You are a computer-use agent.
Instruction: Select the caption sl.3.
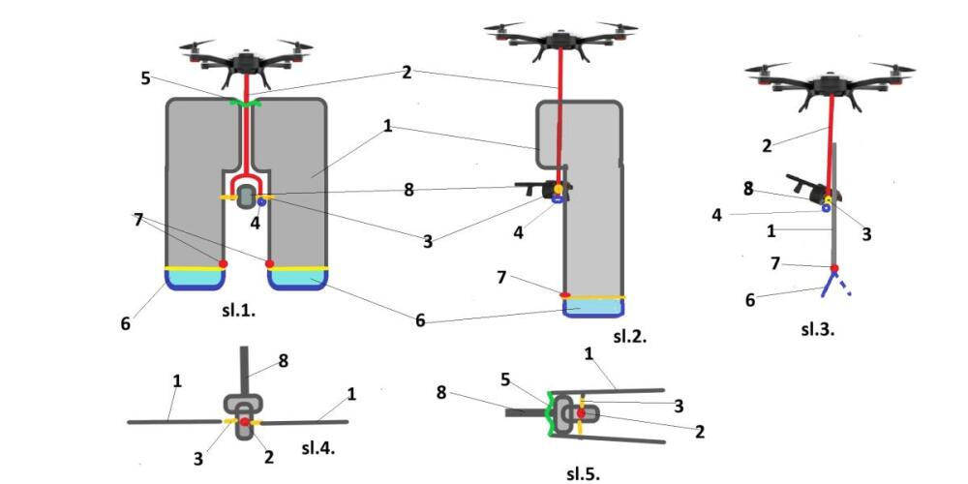817,329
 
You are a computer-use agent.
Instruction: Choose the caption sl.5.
583,473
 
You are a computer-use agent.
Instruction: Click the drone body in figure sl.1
247,62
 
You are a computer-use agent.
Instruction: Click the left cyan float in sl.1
196,278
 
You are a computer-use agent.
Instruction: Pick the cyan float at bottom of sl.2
593,307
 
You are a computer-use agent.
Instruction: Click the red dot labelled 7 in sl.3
834,268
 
